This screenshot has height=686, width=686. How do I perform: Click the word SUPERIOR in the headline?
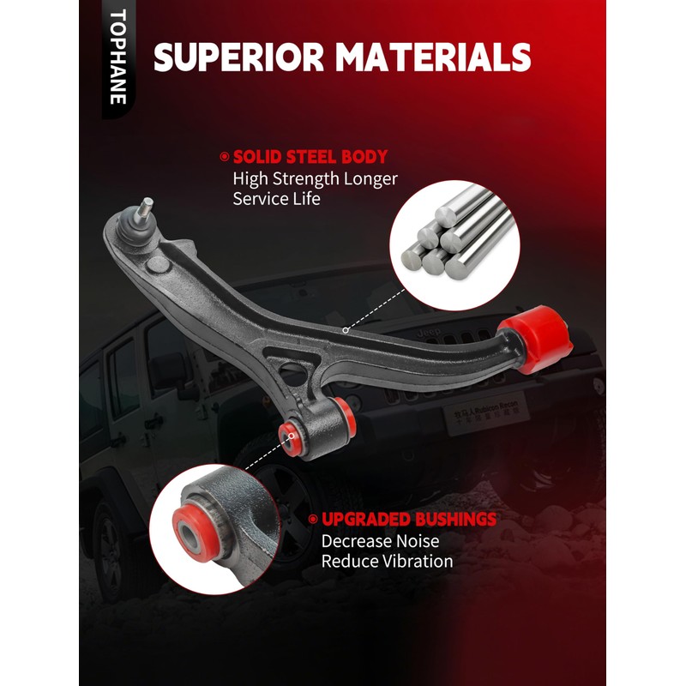click(238, 57)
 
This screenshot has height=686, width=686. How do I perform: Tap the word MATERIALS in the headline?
click(434, 57)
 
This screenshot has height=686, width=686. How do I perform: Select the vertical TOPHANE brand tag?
click(118, 57)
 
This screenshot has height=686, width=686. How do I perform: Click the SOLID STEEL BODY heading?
click(310, 158)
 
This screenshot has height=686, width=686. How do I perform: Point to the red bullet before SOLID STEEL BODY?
click(225, 158)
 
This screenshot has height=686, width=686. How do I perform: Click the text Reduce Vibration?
click(387, 562)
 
